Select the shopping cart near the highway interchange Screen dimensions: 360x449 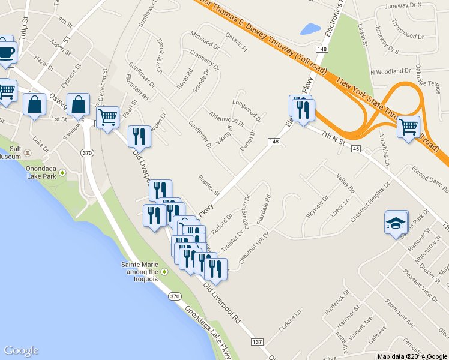coord(408,127)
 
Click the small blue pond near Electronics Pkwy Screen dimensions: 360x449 coord(311,28)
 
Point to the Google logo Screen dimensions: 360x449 coord(21,350)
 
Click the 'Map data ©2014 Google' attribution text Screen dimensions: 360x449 coord(412,356)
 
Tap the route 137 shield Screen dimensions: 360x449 coord(257,342)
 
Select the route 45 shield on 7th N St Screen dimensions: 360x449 coord(356,148)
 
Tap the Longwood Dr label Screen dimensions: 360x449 coord(247,108)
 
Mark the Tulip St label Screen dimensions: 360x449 coord(24,28)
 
